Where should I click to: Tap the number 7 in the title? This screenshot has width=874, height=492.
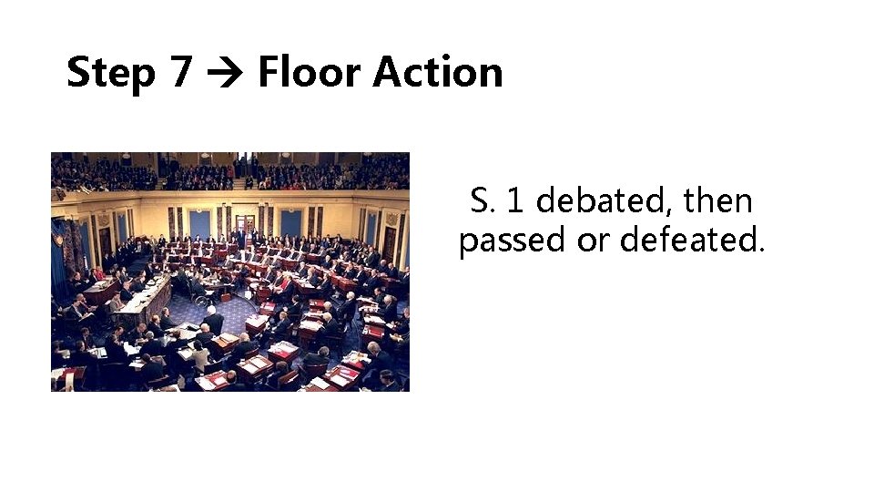pyautogui.click(x=179, y=73)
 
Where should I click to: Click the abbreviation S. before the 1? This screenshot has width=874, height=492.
pyautogui.click(x=482, y=200)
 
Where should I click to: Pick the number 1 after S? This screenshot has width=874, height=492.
pyautogui.click(x=513, y=200)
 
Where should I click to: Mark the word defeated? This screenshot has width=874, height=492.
pyautogui.click(x=692, y=241)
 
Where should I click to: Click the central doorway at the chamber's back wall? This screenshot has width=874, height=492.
pyautogui.click(x=244, y=223)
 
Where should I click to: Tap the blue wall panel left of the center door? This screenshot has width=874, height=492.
pyautogui.click(x=199, y=223)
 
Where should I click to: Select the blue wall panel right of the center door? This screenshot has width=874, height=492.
pyautogui.click(x=290, y=222)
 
